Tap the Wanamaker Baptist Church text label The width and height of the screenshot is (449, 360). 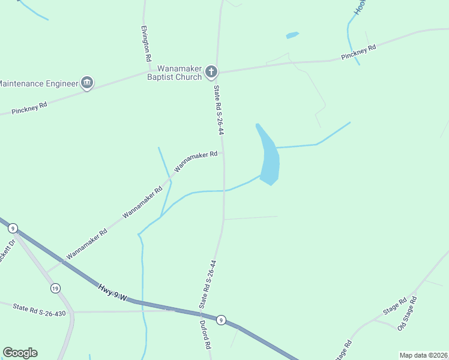pyautogui.click(x=179, y=73)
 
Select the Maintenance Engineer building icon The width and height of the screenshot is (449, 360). pyautogui.click(x=87, y=83)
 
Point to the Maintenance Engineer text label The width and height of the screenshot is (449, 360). pyautogui.click(x=39, y=83)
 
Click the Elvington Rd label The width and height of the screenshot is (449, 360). pyautogui.click(x=145, y=44)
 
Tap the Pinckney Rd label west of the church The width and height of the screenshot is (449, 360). pyautogui.click(x=29, y=108)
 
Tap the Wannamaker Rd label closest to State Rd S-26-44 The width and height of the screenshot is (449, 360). pyautogui.click(x=196, y=160)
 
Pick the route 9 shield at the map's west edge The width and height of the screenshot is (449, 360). pyautogui.click(x=13, y=227)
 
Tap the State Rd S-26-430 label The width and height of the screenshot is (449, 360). pyautogui.click(x=38, y=309)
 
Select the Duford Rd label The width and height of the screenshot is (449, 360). pyautogui.click(x=205, y=338)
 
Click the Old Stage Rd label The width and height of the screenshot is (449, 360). pyautogui.click(x=407, y=313)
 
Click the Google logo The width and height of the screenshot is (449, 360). pyautogui.click(x=20, y=353)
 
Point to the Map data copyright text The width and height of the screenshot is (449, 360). pyautogui.click(x=424, y=355)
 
